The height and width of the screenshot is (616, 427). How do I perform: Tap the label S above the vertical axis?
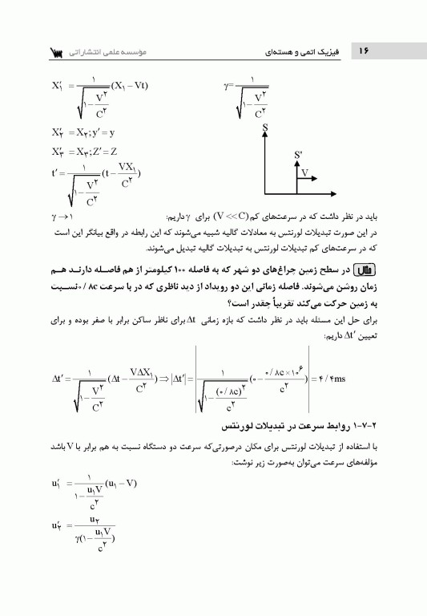(264, 128)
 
